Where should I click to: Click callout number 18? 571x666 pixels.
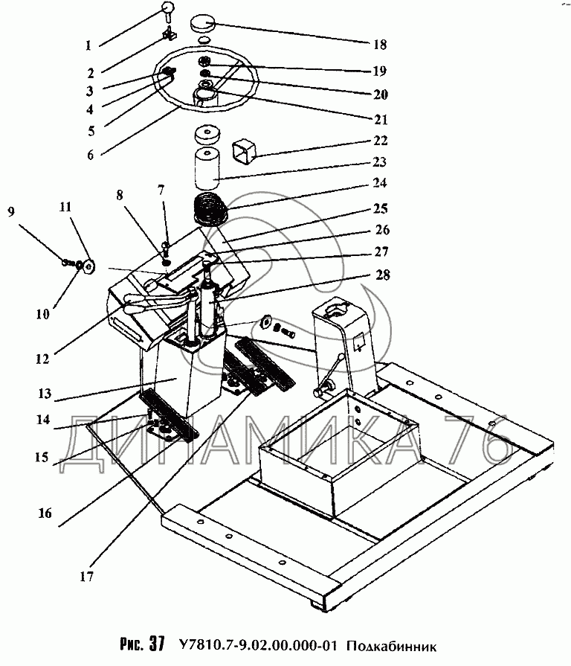(380, 44)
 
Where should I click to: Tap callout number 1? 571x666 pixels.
(88, 45)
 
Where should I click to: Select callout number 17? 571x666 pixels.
(86, 577)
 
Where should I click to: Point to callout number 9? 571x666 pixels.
(11, 211)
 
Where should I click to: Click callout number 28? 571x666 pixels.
(382, 275)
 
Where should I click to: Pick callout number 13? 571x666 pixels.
(45, 394)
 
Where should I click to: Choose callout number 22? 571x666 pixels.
(380, 140)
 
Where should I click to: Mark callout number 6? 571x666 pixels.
(91, 155)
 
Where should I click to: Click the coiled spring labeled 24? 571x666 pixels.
(210, 209)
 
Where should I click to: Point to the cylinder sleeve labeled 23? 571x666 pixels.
(207, 169)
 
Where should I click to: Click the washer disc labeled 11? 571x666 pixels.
(88, 267)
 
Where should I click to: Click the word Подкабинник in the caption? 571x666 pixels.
(391, 647)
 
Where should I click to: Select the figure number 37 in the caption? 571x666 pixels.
(156, 644)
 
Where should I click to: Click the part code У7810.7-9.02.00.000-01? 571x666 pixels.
(259, 646)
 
